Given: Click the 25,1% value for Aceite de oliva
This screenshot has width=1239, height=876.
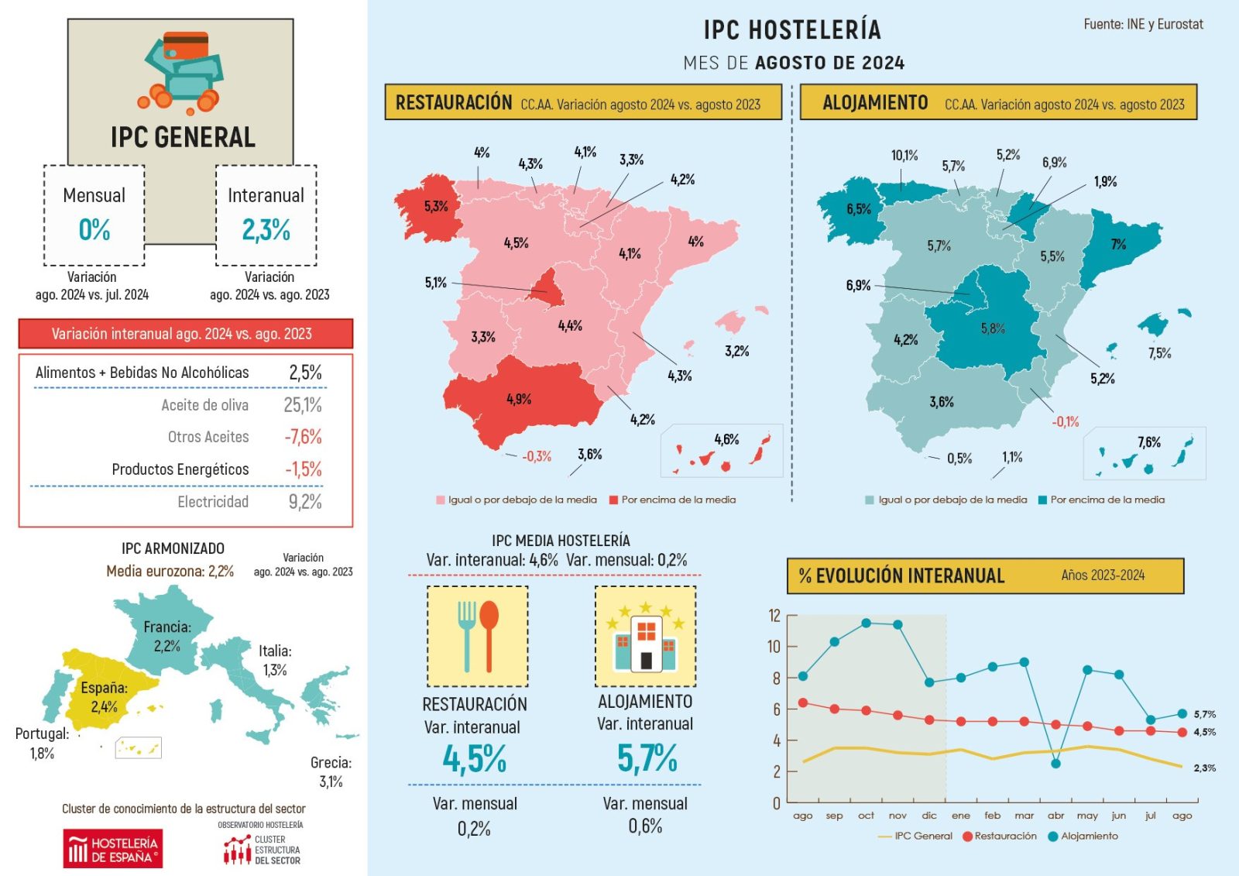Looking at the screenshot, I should (x=302, y=405).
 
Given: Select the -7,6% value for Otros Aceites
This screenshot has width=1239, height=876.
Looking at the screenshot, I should (x=303, y=437).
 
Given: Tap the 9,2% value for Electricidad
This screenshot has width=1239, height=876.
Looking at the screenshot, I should (x=305, y=502).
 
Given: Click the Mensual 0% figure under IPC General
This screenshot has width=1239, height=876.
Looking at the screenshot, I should (x=94, y=230).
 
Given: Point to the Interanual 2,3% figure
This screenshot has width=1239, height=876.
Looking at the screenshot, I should (x=266, y=230).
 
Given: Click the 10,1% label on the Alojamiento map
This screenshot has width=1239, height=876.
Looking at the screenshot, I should (x=904, y=156).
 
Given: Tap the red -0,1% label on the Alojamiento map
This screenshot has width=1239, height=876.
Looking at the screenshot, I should (x=1065, y=422).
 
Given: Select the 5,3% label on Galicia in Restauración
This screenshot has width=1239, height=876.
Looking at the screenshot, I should (x=435, y=206).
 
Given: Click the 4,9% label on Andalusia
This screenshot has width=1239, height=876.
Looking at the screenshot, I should (x=519, y=400).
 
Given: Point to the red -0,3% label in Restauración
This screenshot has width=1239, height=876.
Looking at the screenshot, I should (x=537, y=457).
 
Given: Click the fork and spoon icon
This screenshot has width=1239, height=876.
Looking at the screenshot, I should (x=478, y=636).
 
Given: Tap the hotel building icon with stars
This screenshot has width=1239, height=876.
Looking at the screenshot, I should (x=645, y=636).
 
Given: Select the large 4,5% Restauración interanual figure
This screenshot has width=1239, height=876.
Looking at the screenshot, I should (x=474, y=758).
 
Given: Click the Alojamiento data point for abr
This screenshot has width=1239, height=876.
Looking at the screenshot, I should (x=1055, y=764).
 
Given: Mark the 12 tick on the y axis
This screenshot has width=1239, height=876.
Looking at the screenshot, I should (x=774, y=616).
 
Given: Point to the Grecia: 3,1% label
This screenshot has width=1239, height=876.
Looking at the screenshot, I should (x=331, y=772).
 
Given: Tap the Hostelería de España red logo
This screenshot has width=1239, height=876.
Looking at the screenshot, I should (x=113, y=849).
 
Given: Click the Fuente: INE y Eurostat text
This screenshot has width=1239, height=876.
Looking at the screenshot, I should (x=1143, y=25).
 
